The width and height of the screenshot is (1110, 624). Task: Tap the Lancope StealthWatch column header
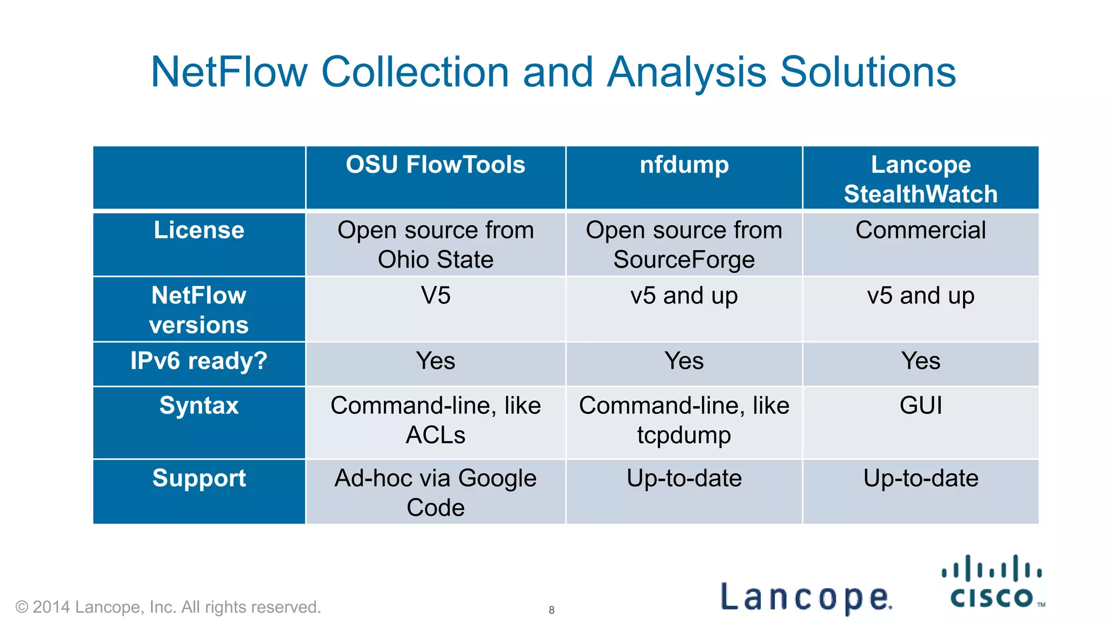point(920,179)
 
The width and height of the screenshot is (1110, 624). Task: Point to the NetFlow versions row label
point(199,310)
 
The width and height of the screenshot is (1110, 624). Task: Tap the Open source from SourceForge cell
point(684,244)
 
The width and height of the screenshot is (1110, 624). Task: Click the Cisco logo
point(992,583)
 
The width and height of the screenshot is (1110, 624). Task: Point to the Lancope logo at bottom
point(805,597)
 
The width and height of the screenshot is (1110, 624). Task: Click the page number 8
point(551,610)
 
